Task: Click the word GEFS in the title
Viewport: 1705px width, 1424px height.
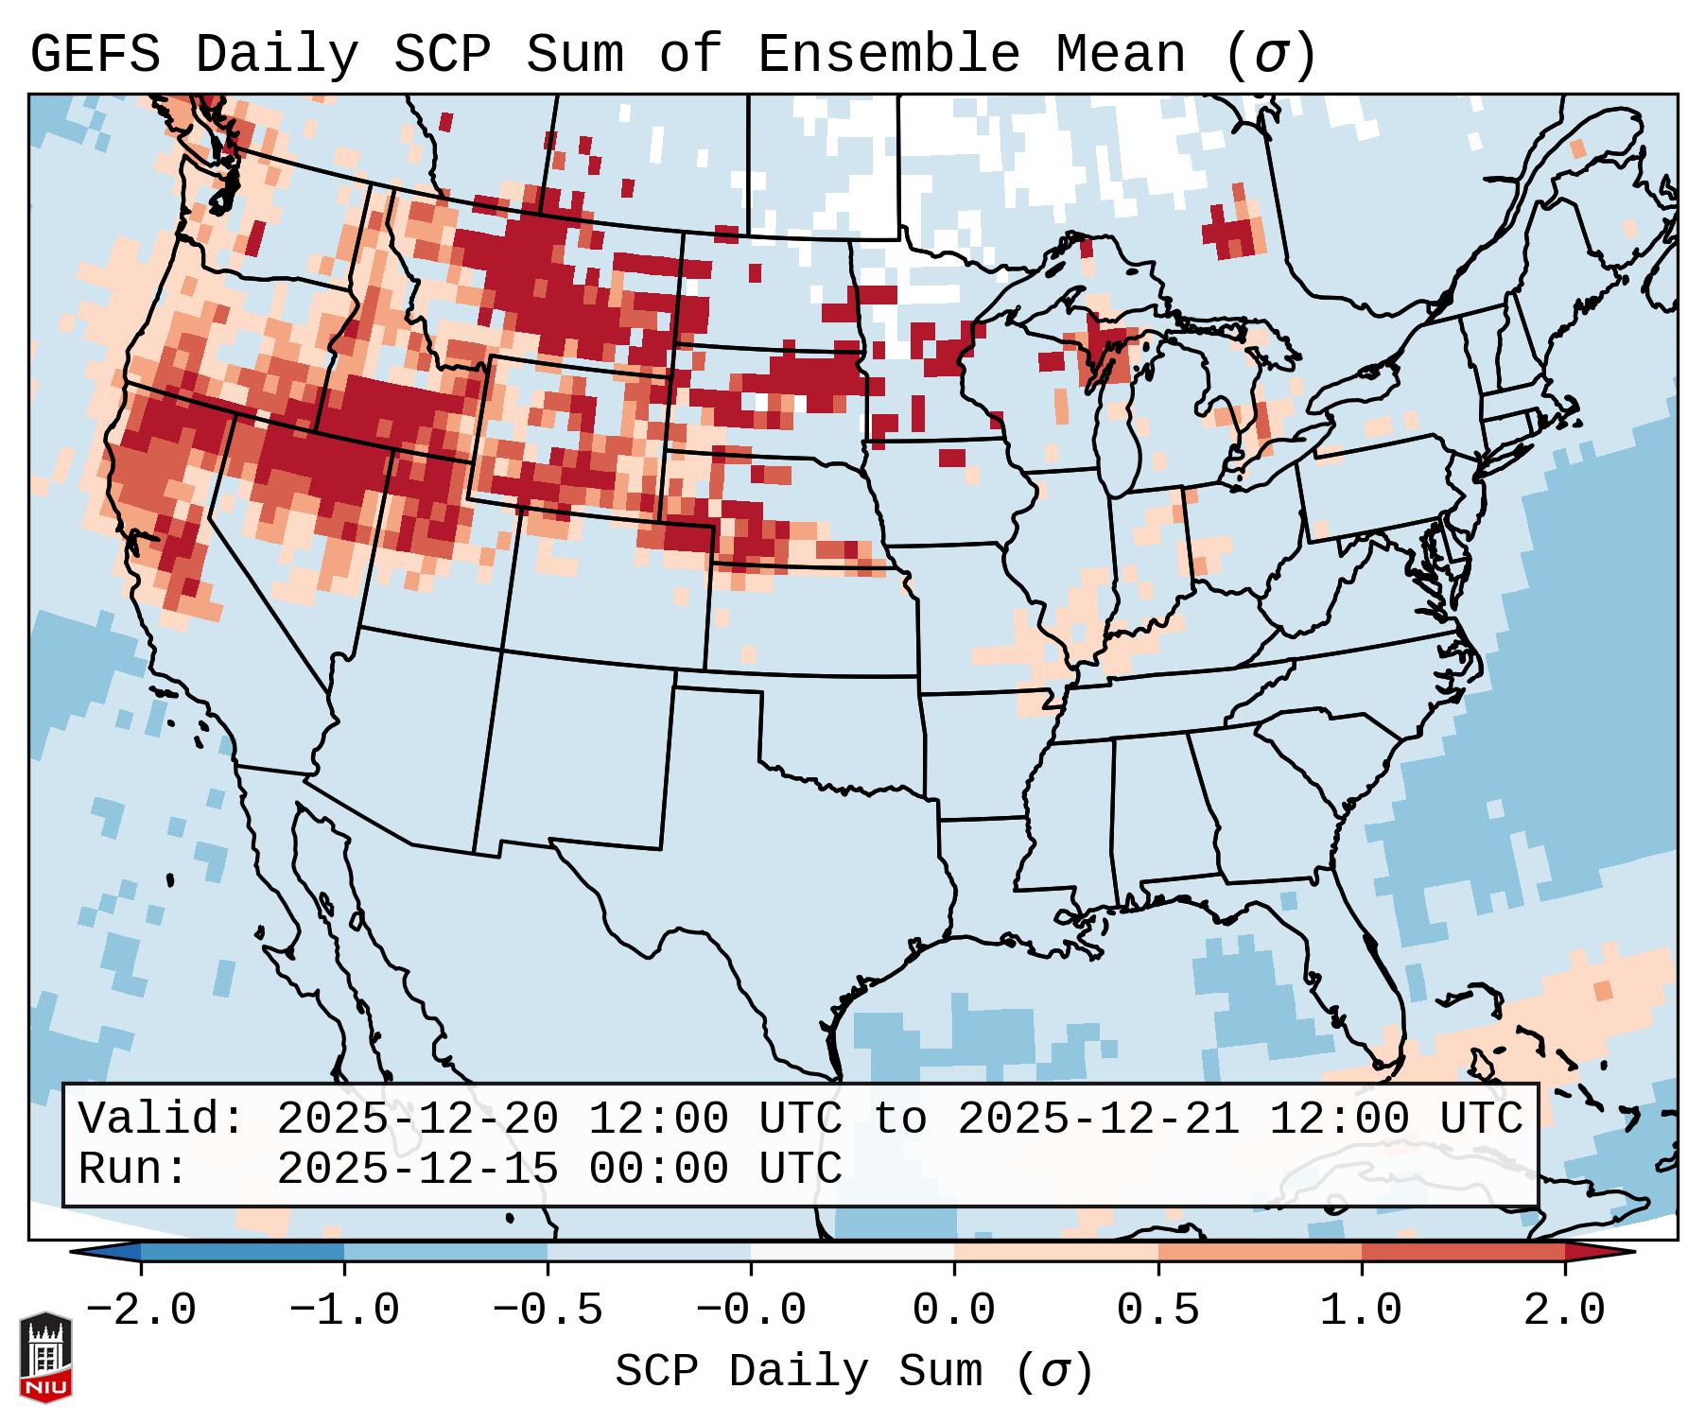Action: tap(95, 55)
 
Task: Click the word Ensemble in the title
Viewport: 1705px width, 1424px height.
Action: tap(888, 55)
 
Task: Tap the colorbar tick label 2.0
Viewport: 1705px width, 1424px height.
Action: tap(1564, 1311)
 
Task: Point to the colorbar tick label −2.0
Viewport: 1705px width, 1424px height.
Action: tap(141, 1311)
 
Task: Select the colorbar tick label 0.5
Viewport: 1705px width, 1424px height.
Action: tap(1157, 1311)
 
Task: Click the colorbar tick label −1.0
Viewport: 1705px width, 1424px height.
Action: tap(344, 1311)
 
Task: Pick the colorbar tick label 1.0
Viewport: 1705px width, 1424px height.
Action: tap(1361, 1311)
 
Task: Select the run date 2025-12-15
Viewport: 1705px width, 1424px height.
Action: tap(417, 1170)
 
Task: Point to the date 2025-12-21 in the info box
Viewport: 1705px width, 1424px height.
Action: tap(1098, 1120)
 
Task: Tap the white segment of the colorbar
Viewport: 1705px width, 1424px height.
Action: tap(852, 1252)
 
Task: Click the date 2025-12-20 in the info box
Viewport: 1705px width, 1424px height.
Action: tap(417, 1120)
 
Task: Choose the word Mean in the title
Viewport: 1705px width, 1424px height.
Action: tap(1120, 55)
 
